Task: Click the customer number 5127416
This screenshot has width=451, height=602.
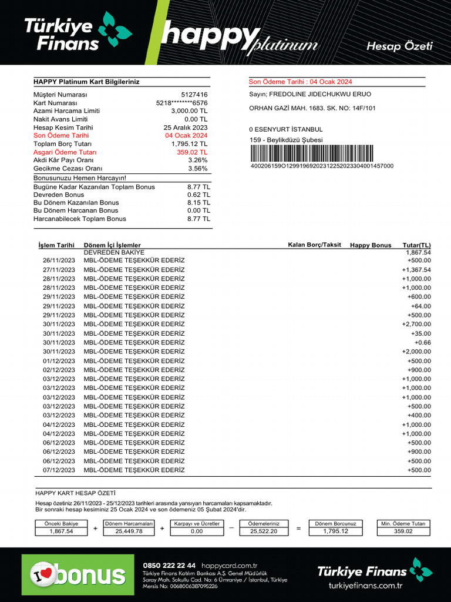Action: click(x=194, y=95)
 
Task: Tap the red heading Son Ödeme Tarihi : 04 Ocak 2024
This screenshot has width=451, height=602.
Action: click(x=301, y=82)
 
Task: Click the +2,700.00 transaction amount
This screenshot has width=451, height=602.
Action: click(x=416, y=325)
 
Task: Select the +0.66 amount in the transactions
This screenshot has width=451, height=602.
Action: click(x=422, y=343)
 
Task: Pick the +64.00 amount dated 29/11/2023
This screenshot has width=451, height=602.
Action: click(x=420, y=306)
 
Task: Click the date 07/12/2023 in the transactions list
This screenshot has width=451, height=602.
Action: click(x=59, y=470)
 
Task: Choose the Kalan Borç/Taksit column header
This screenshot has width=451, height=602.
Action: click(x=314, y=245)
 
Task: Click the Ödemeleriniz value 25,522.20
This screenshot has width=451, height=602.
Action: click(x=263, y=531)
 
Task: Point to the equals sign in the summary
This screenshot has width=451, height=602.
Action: click(x=298, y=529)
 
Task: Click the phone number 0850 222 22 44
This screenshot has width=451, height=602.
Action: click(x=169, y=565)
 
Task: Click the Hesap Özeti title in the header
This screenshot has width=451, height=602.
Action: click(x=399, y=46)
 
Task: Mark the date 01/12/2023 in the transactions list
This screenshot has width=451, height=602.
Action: click(x=59, y=361)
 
